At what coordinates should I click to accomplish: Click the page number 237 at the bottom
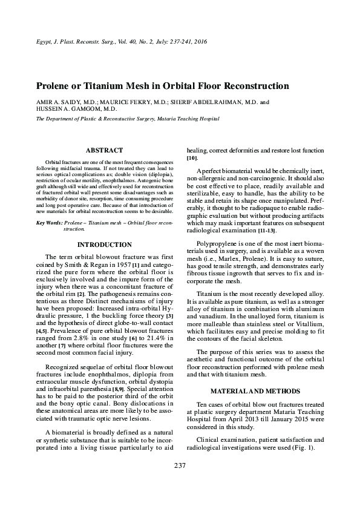180,465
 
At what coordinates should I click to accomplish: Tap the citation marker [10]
192,157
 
